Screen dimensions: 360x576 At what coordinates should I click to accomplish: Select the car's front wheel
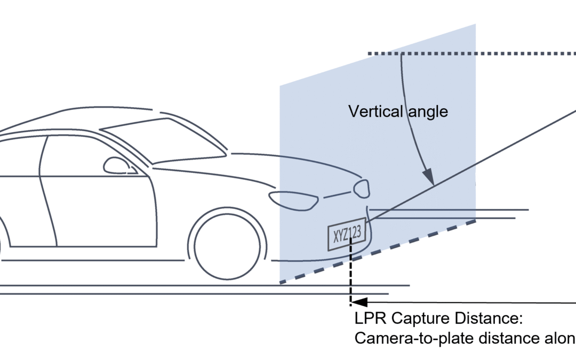(227, 247)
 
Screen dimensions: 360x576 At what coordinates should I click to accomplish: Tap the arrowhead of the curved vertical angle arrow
(428, 179)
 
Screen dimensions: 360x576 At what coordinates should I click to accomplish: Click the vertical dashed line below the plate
(350, 277)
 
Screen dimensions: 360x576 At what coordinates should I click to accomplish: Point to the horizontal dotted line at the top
(469, 53)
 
